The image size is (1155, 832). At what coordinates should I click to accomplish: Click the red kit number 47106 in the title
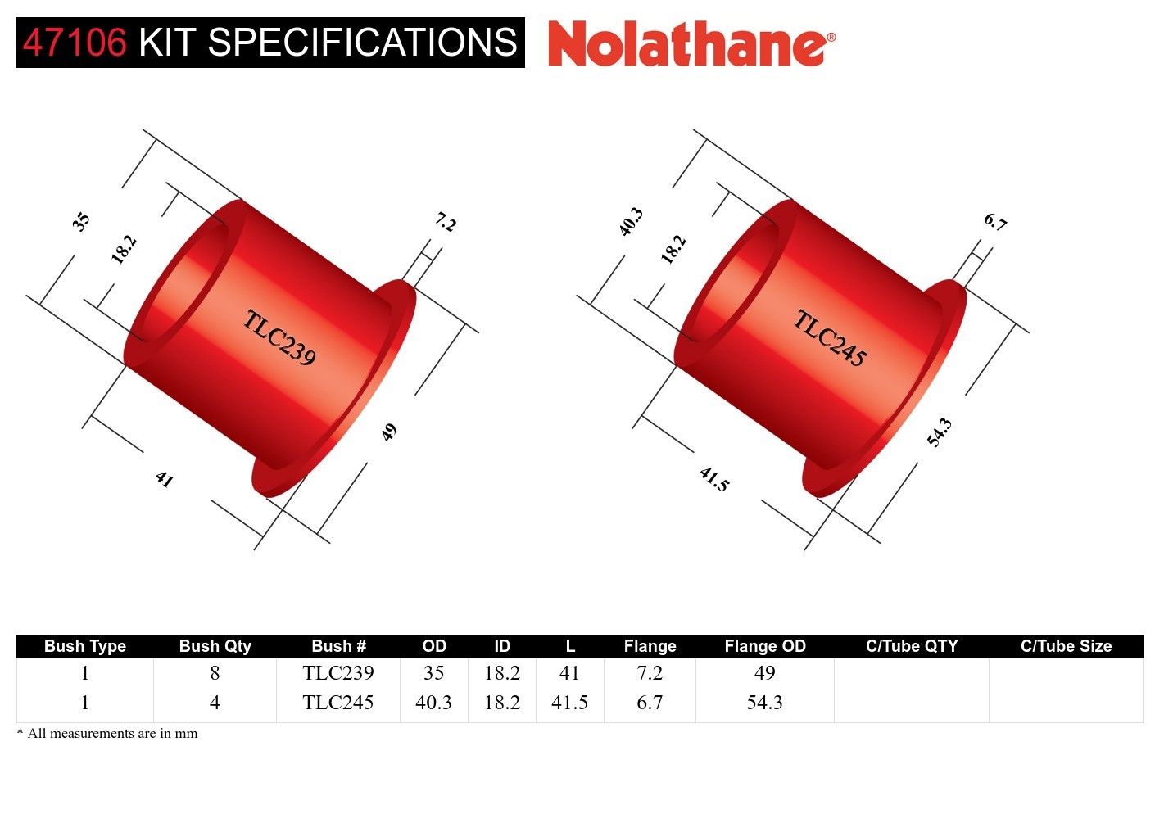pos(75,43)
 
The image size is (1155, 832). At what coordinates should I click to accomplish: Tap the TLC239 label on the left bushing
pos(279,337)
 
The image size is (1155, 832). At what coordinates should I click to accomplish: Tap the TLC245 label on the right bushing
pos(830,337)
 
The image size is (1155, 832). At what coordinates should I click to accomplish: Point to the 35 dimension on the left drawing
pos(80,221)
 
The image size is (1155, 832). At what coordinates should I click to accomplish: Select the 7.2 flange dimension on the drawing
pos(446,222)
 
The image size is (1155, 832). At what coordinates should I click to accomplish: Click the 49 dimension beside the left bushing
pos(389,432)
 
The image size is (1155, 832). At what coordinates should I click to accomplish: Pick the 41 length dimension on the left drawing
pos(165,479)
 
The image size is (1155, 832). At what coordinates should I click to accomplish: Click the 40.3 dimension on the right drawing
pos(631,222)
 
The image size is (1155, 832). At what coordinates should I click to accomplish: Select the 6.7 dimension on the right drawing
pos(995,222)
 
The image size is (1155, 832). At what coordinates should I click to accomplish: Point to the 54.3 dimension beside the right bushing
pos(940,432)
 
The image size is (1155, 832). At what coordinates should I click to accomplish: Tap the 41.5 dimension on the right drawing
pos(714,479)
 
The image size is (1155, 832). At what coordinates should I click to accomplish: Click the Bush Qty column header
pos(215,646)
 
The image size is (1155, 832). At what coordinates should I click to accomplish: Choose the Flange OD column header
pos(764,646)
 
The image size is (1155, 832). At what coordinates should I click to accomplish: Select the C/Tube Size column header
pos(1066,646)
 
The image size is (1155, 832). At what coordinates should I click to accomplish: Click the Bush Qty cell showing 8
pos(215,673)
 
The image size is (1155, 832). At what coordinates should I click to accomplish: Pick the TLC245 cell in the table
pos(337,703)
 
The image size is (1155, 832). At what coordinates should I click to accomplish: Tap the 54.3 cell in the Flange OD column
pos(764,703)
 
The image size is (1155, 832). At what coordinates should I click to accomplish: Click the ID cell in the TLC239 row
pos(501,673)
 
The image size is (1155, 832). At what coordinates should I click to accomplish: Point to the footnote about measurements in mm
pos(107,734)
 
